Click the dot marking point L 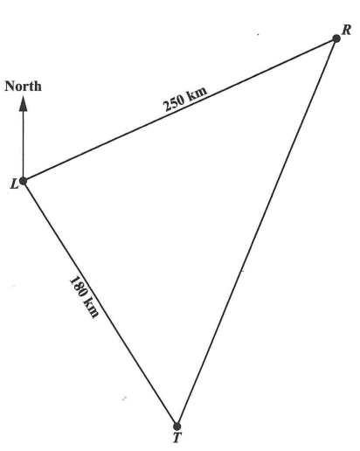(23, 181)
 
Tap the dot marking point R (336, 38)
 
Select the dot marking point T (177, 427)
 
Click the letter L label (14, 184)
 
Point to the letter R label (346, 30)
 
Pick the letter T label (177, 438)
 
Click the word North (23, 87)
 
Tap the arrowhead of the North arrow (23, 104)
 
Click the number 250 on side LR (175, 103)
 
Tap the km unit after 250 (197, 93)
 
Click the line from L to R (180, 109)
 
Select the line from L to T (100, 303)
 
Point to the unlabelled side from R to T (257, 232)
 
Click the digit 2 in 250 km (168, 107)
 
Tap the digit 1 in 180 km (73, 280)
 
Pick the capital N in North (10, 87)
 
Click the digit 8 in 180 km (79, 288)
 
